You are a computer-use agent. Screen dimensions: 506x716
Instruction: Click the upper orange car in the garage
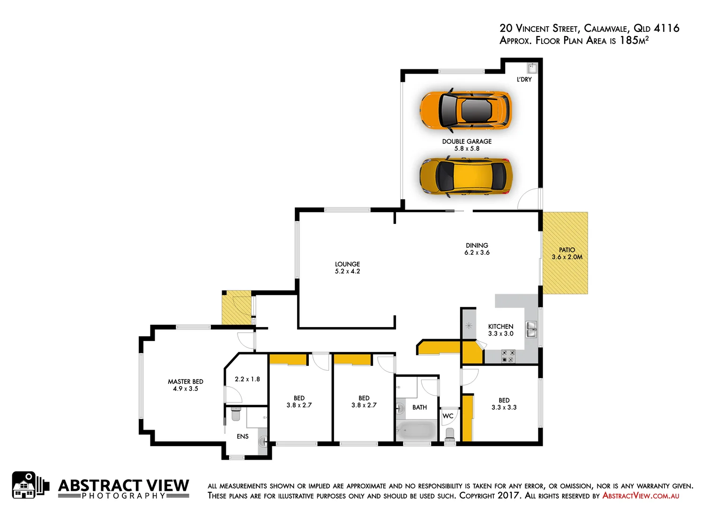465,110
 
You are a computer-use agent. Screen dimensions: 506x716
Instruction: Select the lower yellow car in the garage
465,176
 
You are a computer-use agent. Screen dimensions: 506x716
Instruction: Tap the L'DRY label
524,80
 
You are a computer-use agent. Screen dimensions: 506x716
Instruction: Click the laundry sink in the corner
532,68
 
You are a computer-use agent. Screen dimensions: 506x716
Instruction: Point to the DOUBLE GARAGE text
467,141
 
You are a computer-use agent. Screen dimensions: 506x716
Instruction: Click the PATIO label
567,250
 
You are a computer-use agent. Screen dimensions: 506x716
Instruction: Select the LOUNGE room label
347,264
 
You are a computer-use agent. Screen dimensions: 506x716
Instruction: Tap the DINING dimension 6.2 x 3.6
477,253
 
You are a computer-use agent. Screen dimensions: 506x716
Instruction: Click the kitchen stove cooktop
508,356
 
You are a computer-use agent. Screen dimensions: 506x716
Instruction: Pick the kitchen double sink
531,329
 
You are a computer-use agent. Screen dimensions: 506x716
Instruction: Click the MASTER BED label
186,382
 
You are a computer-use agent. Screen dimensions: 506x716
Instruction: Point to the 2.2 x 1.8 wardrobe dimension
247,379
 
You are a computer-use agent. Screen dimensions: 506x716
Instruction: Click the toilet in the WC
450,434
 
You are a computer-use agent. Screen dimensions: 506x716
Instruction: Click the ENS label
243,437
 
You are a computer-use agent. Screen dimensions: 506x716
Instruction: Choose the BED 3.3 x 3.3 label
504,404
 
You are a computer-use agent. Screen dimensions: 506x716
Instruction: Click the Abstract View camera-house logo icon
30,485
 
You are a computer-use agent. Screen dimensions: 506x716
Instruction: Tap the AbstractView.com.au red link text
640,496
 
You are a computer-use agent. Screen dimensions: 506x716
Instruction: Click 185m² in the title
634,40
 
